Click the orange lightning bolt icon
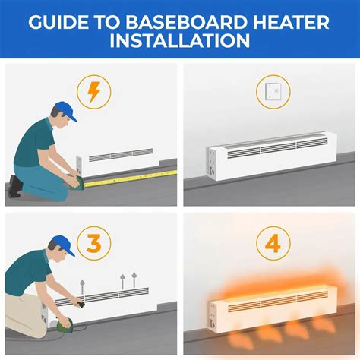click(x=94, y=93)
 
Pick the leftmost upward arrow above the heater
click(x=82, y=286)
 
